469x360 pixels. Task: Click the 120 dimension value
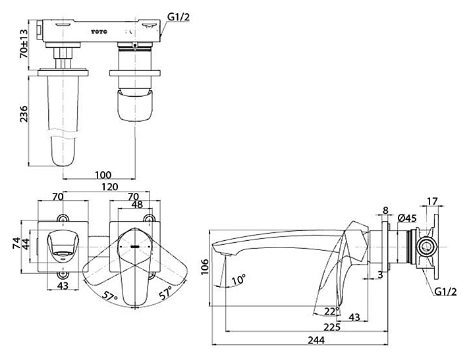(x=109, y=186)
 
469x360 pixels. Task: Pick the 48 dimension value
(x=138, y=204)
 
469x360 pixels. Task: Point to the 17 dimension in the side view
(x=433, y=201)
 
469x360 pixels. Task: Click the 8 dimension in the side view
(x=385, y=211)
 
